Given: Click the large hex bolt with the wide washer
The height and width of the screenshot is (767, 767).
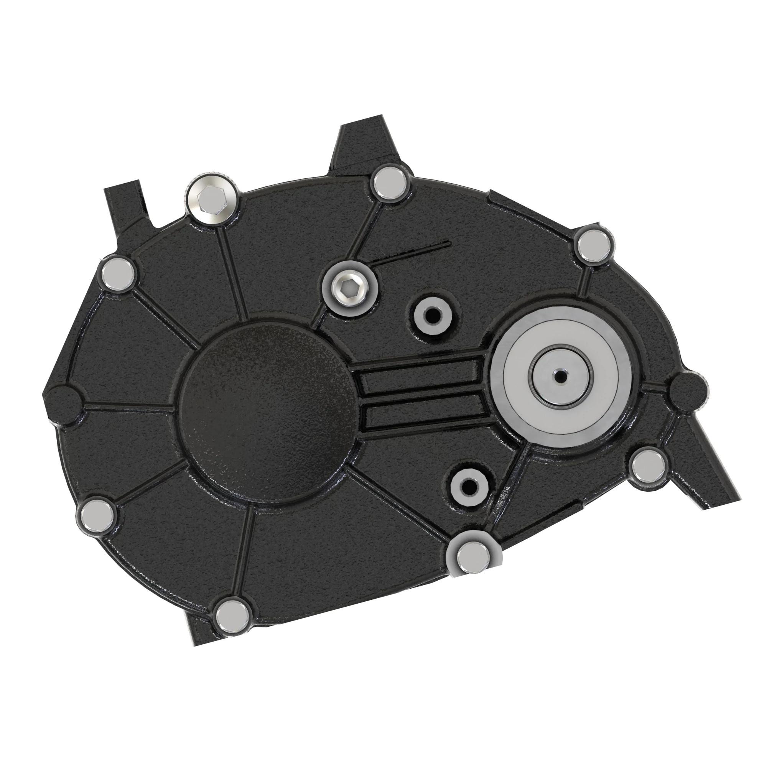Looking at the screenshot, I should coord(212,202).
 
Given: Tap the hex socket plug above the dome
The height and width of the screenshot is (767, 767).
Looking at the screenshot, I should coord(349,287).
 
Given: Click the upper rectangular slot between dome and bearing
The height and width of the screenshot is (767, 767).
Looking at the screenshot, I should coord(421,372).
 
